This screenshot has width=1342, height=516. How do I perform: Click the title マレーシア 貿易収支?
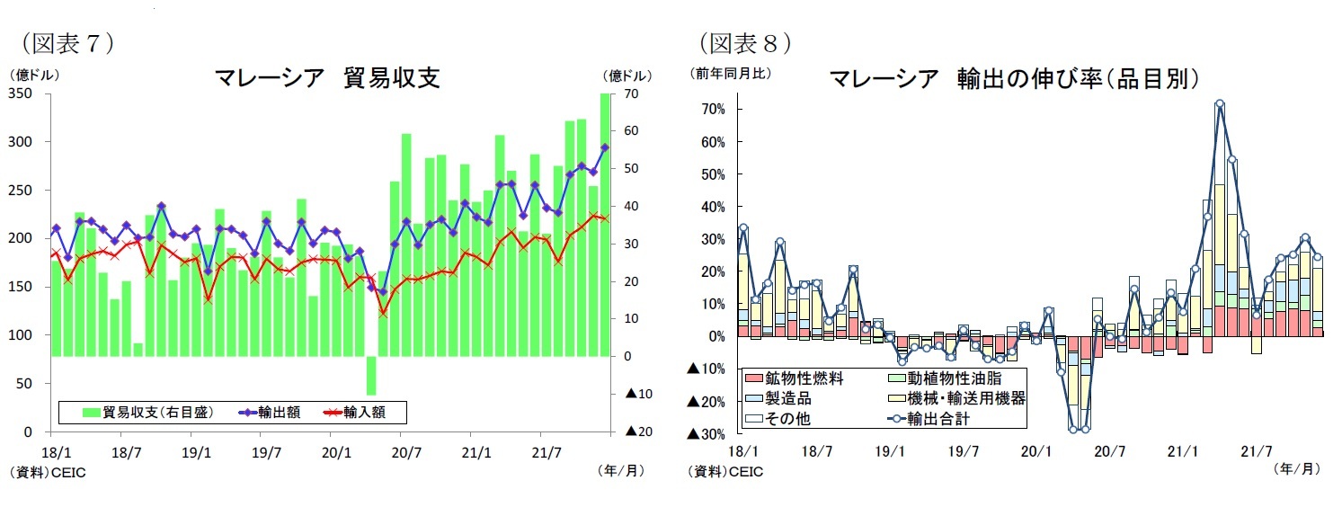click(x=327, y=78)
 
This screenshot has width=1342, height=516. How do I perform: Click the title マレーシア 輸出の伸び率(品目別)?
click(x=1015, y=78)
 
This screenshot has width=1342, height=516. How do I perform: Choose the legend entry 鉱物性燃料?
click(x=804, y=378)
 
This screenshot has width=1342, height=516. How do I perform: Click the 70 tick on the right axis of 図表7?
click(x=631, y=93)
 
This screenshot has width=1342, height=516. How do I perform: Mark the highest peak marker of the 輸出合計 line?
click(x=1220, y=104)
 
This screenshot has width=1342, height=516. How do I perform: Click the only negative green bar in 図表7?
click(x=370, y=375)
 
